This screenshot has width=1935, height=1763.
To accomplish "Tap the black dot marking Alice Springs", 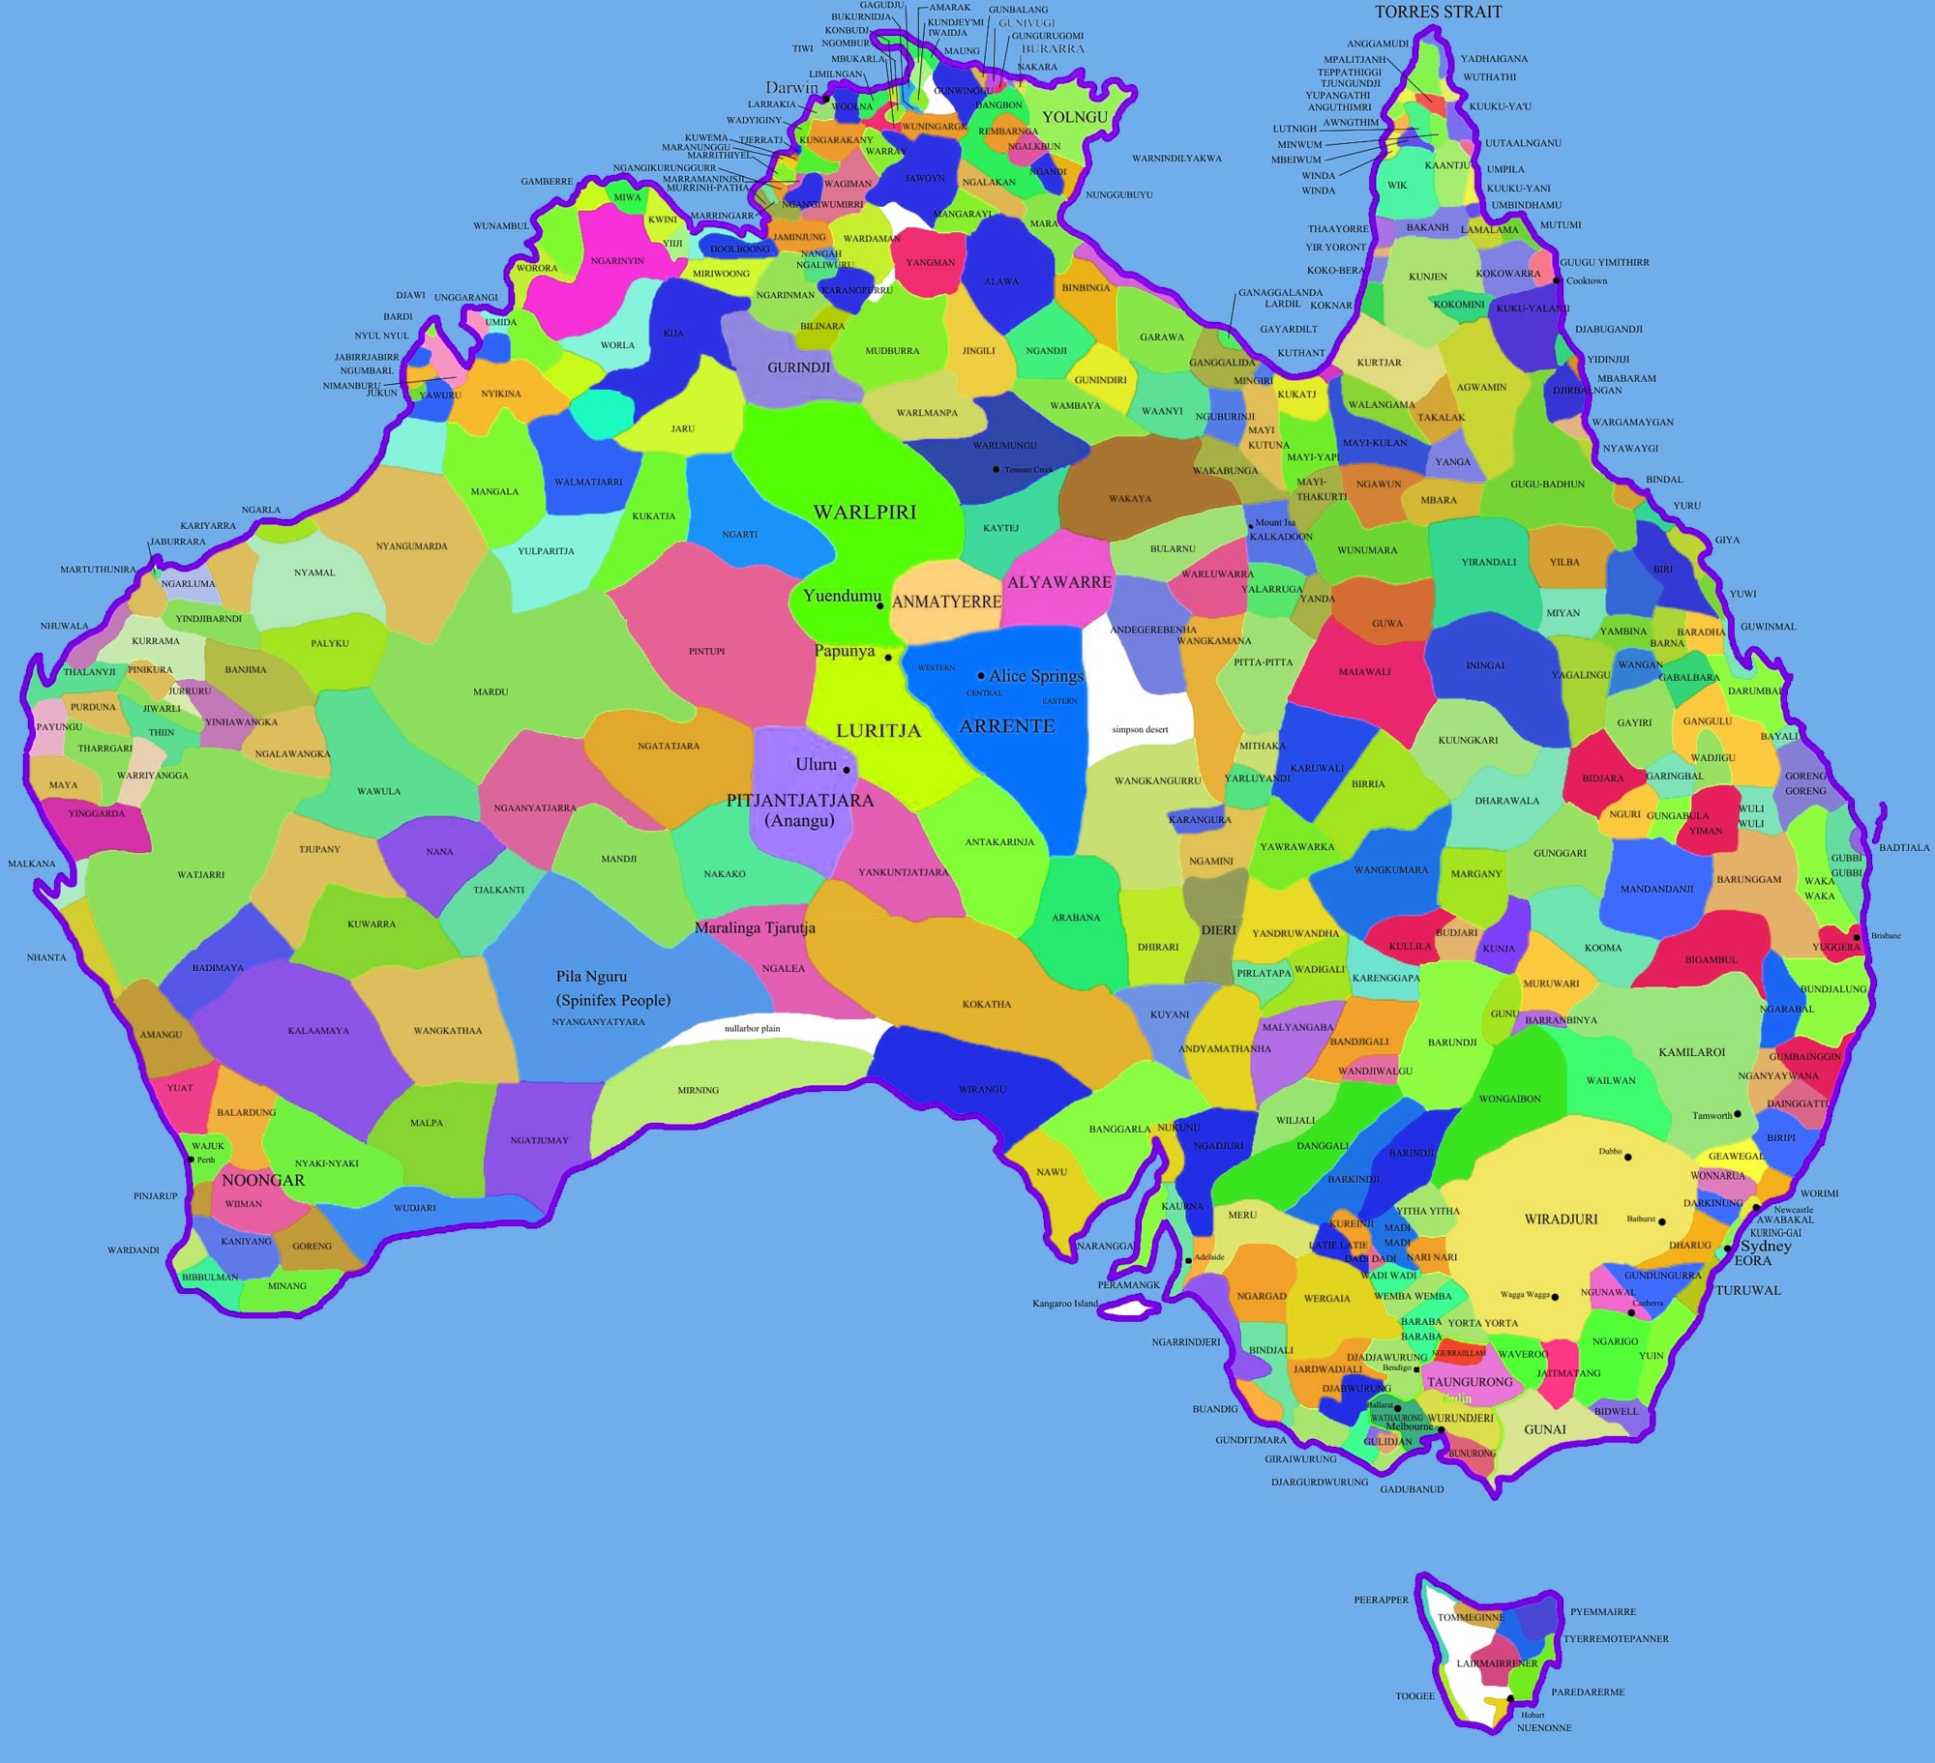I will pyautogui.click(x=981, y=675).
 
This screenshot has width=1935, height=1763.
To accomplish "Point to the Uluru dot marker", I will pyautogui.click(x=847, y=770).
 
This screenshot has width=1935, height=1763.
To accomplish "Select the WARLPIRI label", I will pyautogui.click(x=864, y=512).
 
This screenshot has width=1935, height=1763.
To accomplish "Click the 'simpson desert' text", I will pyautogui.click(x=1140, y=729).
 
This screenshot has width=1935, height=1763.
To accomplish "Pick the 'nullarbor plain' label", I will pyautogui.click(x=752, y=1028).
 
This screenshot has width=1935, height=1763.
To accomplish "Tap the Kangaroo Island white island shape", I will pyautogui.click(x=1132, y=1309).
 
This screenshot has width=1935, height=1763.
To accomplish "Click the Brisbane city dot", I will pyautogui.click(x=1857, y=936).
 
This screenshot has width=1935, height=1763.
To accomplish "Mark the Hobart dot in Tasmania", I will pyautogui.click(x=1510, y=1698).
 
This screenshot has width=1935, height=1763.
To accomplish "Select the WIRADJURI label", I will pyautogui.click(x=1561, y=1219).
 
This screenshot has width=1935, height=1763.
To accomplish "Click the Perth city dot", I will pyautogui.click(x=193, y=1160).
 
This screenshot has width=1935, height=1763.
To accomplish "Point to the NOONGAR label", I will pyautogui.click(x=263, y=1180).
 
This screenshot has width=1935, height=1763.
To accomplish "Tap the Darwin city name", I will pyautogui.click(x=791, y=88).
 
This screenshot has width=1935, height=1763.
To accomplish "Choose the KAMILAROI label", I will pyautogui.click(x=1692, y=1051).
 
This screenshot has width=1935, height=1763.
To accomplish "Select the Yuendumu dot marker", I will pyautogui.click(x=879, y=606).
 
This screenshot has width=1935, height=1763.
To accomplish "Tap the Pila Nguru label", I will pyautogui.click(x=591, y=977).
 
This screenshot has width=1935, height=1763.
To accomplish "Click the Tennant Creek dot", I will pyautogui.click(x=996, y=469).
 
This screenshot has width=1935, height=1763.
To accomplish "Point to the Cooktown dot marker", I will pyautogui.click(x=1557, y=280).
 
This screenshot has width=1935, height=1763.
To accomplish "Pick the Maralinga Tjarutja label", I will pyautogui.click(x=755, y=927).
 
